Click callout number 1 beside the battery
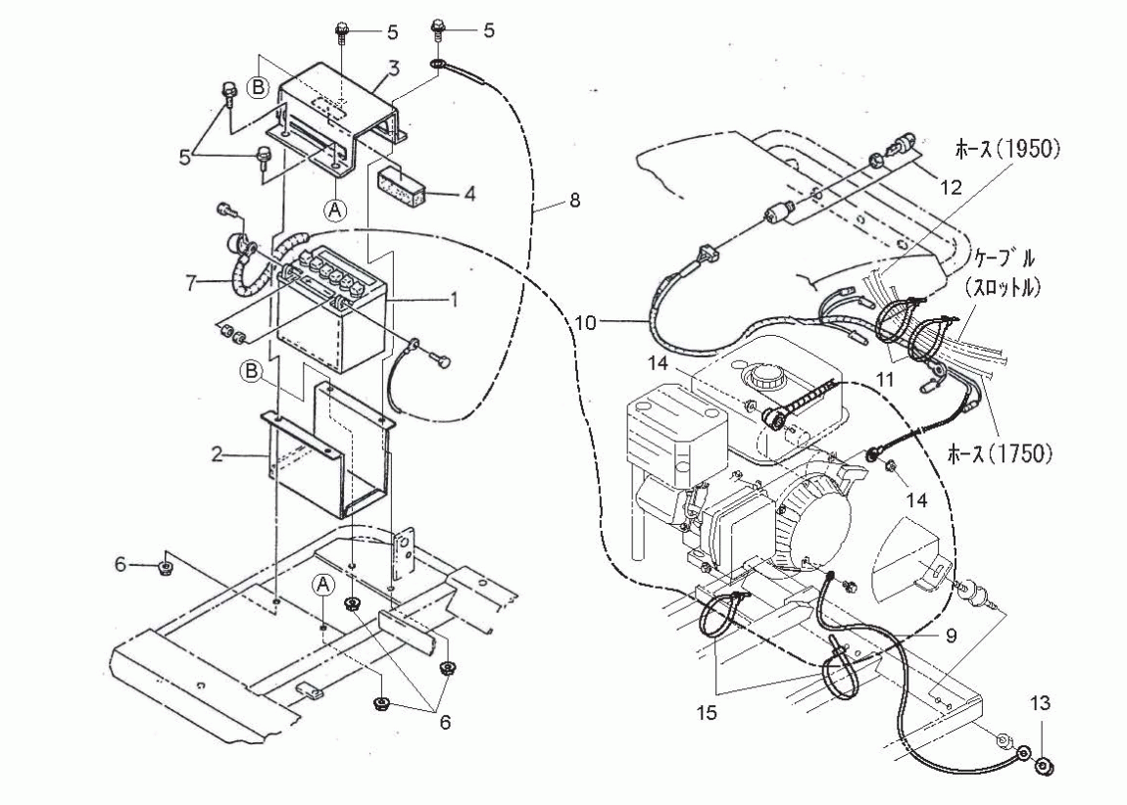[455, 298]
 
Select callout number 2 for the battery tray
[217, 453]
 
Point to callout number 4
[469, 193]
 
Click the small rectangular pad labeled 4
[402, 184]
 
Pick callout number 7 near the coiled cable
[190, 284]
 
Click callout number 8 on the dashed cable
[574, 201]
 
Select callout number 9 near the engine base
[951, 637]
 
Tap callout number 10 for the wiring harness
[586, 323]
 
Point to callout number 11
[885, 378]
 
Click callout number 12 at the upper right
[951, 188]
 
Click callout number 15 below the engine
[708, 713]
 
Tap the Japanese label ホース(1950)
[1006, 149]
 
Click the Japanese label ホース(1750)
[1000, 453]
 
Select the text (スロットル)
[1003, 287]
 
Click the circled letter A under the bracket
[335, 209]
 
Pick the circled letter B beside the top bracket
[258, 87]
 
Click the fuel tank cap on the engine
[761, 373]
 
